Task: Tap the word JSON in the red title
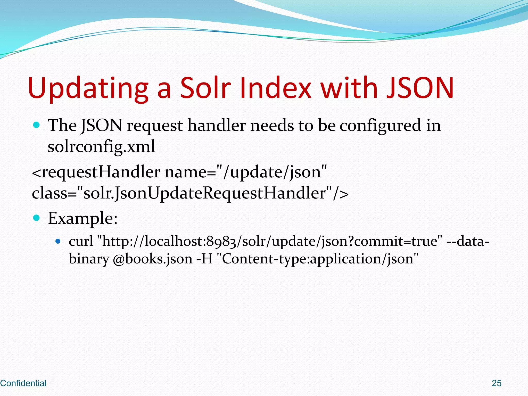(x=420, y=88)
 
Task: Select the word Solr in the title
(x=205, y=88)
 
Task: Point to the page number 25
(x=496, y=383)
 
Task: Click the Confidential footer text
(x=23, y=383)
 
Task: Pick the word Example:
(x=83, y=219)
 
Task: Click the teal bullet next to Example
(x=37, y=218)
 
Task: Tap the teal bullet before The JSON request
(x=37, y=125)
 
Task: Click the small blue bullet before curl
(x=58, y=242)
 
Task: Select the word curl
(x=81, y=242)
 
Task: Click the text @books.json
(x=153, y=259)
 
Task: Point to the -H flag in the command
(x=204, y=259)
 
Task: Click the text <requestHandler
(x=96, y=172)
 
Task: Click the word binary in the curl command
(x=89, y=259)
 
